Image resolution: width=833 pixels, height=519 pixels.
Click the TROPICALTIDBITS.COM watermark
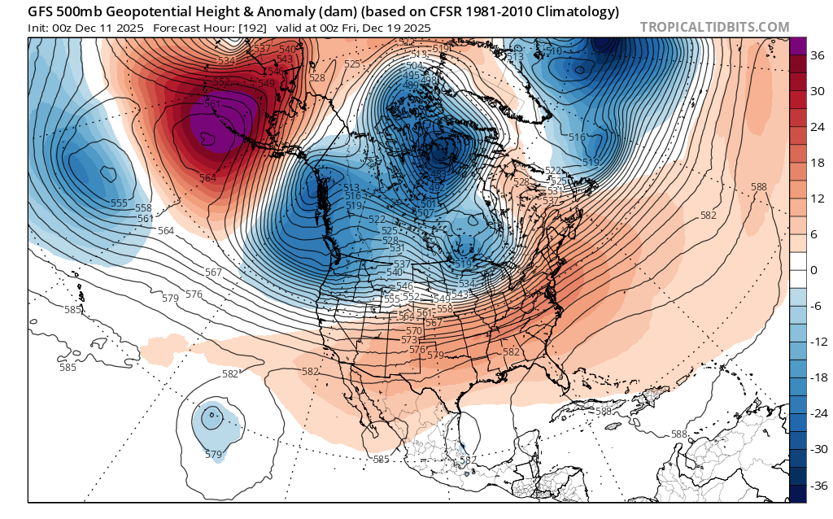pos(714,27)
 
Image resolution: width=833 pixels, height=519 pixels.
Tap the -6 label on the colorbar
pos(816,306)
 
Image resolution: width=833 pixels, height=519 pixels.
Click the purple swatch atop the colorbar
pos(797,46)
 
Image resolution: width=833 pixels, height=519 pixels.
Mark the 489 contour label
pos(411,85)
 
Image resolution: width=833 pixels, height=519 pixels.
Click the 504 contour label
pos(415,66)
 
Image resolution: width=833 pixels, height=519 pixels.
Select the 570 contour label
pos(414,331)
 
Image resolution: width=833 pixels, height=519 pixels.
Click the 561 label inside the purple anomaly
pos(212,104)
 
